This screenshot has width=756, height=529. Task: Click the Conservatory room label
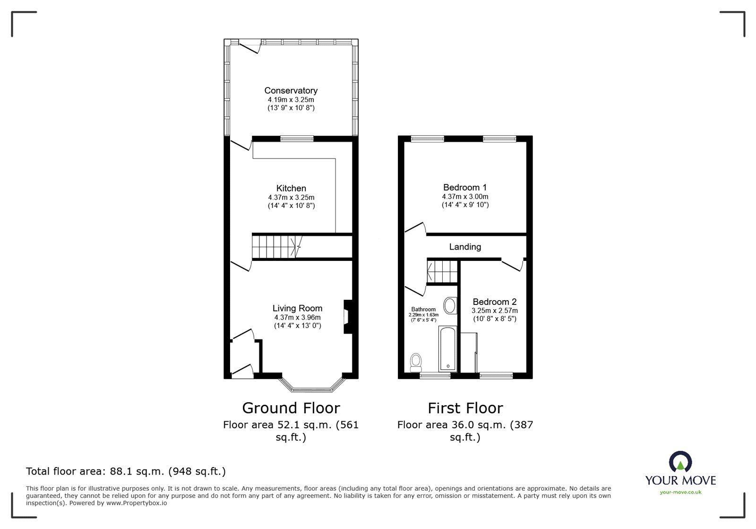point(291,90)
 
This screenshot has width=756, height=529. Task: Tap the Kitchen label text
point(291,188)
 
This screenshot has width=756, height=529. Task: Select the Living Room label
point(297,308)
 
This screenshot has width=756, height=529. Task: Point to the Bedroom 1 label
point(464,187)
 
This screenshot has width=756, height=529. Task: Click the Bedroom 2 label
point(494,302)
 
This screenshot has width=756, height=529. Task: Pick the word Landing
point(465,247)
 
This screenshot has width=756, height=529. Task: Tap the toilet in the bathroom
point(416,362)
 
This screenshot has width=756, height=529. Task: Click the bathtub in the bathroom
point(447,348)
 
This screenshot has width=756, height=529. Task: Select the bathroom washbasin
point(450,305)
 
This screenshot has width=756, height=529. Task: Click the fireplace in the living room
point(348,317)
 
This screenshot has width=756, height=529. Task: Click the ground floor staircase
point(277,247)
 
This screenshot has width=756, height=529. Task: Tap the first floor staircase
point(443,271)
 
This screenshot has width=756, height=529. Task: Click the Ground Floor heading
point(291,408)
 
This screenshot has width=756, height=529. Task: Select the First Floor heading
point(465,408)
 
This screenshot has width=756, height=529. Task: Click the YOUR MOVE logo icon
point(680,462)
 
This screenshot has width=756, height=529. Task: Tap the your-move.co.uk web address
point(680,492)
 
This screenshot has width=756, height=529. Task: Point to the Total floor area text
point(126,471)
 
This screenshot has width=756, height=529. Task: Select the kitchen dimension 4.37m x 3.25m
point(291,198)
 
